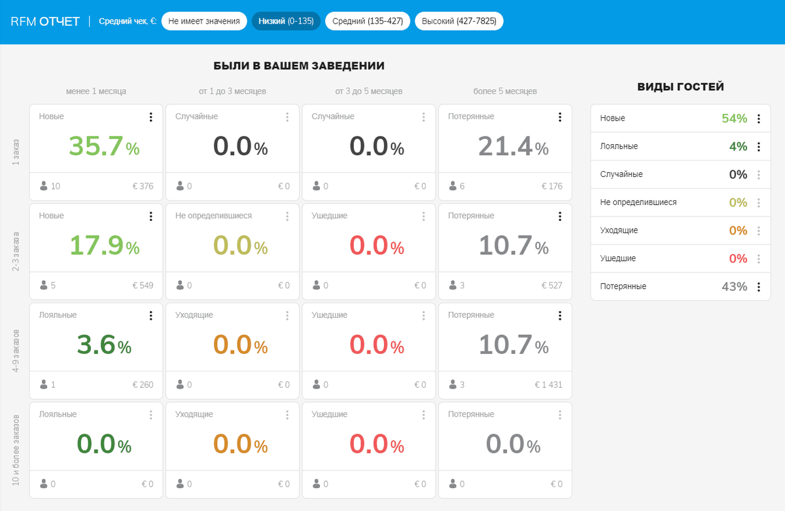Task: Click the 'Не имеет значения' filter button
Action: pos(204,21)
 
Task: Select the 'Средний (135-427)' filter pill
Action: pos(368,21)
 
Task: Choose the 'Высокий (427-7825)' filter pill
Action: pos(459,21)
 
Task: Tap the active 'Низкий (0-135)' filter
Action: pos(286,21)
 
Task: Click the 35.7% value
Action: pos(104,146)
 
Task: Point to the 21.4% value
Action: pos(513,146)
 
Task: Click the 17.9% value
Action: pos(104,245)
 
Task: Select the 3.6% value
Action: pos(104,345)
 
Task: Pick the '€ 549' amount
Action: pos(143,285)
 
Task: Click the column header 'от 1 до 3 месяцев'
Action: pos(233,91)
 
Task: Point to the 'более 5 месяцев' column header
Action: pos(505,91)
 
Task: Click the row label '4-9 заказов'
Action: pos(16,351)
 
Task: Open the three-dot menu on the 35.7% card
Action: pos(150,117)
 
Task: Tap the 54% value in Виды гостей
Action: pos(734,119)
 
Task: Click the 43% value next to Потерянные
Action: pos(734,286)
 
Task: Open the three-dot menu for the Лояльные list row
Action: pos(759,147)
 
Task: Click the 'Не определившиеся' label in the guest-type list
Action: pos(638,202)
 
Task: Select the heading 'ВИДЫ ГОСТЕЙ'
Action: pos(680,86)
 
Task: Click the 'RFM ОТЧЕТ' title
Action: pos(45,21)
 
